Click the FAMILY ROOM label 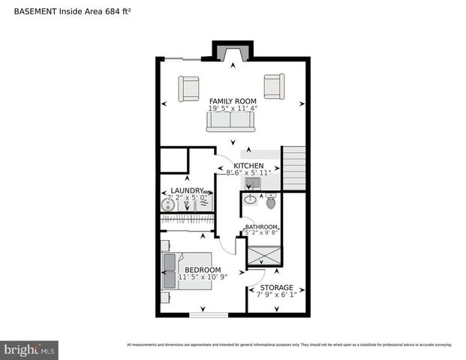(233, 100)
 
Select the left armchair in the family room (188, 87)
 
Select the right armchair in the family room (274, 87)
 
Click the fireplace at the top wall (233, 53)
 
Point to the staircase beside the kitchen (295, 169)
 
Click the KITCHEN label (248, 165)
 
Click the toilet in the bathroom (271, 201)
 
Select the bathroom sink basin (250, 201)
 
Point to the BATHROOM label (261, 226)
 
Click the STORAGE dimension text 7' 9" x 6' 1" (277, 295)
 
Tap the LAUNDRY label (187, 190)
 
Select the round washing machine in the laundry (171, 204)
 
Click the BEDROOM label (203, 269)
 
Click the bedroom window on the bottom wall (208, 314)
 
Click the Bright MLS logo (30, 349)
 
